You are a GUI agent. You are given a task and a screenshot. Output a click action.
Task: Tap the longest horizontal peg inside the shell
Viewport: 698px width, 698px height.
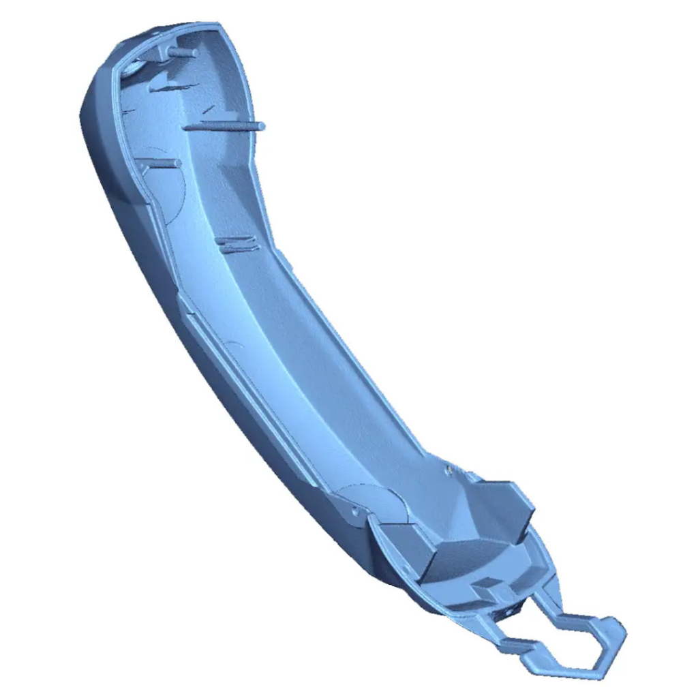225,125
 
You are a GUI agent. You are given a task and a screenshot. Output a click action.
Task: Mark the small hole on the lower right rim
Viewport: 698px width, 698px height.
449,468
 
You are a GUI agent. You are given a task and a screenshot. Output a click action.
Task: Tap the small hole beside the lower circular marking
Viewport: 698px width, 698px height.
354,508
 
